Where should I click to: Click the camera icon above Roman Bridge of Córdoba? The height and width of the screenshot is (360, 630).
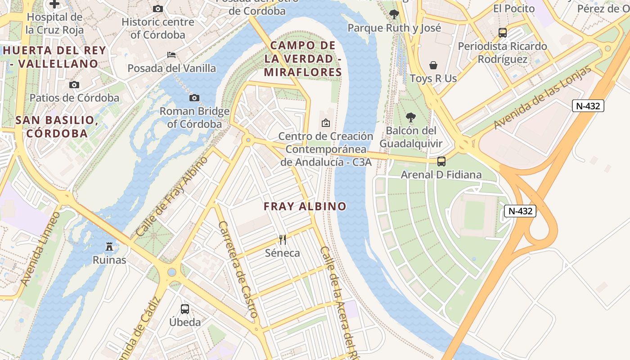(194, 98)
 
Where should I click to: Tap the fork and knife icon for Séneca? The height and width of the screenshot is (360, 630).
(283, 239)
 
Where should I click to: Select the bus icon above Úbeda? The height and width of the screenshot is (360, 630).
(185, 309)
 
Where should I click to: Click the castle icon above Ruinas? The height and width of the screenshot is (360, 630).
(109, 246)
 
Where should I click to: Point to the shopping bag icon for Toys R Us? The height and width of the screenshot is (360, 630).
(433, 65)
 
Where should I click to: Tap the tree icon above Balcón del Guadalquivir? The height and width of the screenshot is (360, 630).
(410, 117)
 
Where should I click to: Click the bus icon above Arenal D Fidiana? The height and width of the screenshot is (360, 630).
(441, 161)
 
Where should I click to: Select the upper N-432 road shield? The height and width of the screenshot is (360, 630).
(588, 106)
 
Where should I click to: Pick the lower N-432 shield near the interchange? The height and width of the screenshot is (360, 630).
(520, 211)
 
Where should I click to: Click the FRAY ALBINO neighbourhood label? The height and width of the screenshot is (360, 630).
(305, 207)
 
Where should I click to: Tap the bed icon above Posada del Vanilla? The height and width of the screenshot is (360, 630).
(171, 55)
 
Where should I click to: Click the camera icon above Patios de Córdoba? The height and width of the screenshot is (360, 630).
(74, 85)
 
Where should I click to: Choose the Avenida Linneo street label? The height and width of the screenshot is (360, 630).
(40, 249)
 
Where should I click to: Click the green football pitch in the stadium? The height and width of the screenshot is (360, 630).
(474, 215)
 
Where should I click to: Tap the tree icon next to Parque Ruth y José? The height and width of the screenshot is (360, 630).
(394, 14)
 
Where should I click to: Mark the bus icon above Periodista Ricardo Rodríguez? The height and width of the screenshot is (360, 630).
(503, 32)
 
